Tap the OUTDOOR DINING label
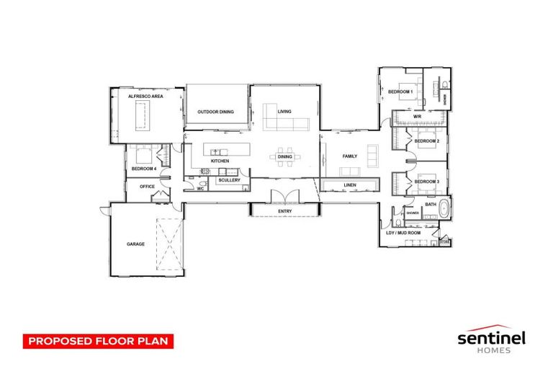tap(216, 112)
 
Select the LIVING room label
tap(284, 112)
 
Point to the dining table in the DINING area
tap(285, 156)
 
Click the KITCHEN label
tap(220, 161)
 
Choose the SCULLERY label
tap(230, 180)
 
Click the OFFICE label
tap(147, 187)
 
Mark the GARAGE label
tap(136, 244)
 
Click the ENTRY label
tap(284, 210)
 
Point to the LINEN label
tap(350, 186)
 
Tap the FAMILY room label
tap(350, 156)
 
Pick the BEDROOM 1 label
tap(400, 92)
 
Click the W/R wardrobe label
tap(416, 117)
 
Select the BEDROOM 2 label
tap(427, 141)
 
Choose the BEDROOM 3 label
tap(427, 181)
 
